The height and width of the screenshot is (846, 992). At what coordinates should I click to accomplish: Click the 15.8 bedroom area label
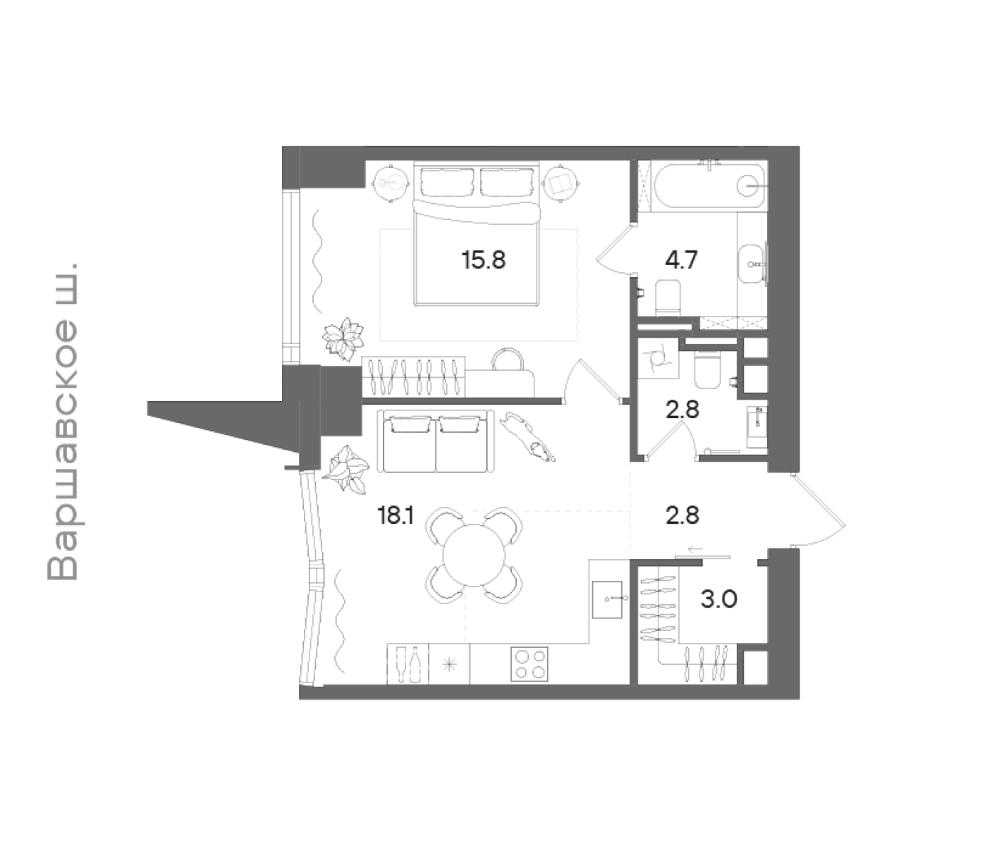pyautogui.click(x=483, y=260)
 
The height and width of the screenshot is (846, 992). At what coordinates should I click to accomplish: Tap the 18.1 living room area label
pyautogui.click(x=396, y=516)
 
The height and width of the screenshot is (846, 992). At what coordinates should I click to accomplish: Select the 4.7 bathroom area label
pyautogui.click(x=681, y=260)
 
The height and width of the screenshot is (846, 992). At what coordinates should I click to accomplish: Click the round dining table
pyautogui.click(x=474, y=556)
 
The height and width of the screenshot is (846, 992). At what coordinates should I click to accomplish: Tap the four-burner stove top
pyautogui.click(x=529, y=664)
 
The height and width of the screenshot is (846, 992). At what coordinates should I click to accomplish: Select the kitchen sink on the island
pyautogui.click(x=607, y=599)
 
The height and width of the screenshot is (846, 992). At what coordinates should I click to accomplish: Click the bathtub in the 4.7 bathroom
pyautogui.click(x=709, y=186)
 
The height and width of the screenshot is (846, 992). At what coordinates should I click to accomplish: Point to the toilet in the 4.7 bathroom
pyautogui.click(x=668, y=298)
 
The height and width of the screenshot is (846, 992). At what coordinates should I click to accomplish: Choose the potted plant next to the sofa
pyautogui.click(x=345, y=470)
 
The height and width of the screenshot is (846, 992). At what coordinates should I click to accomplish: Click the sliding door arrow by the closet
pyautogui.click(x=696, y=548)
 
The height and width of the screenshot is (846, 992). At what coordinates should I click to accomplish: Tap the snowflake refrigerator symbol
pyautogui.click(x=448, y=665)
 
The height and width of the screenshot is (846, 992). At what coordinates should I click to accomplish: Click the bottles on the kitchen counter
pyautogui.click(x=407, y=663)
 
